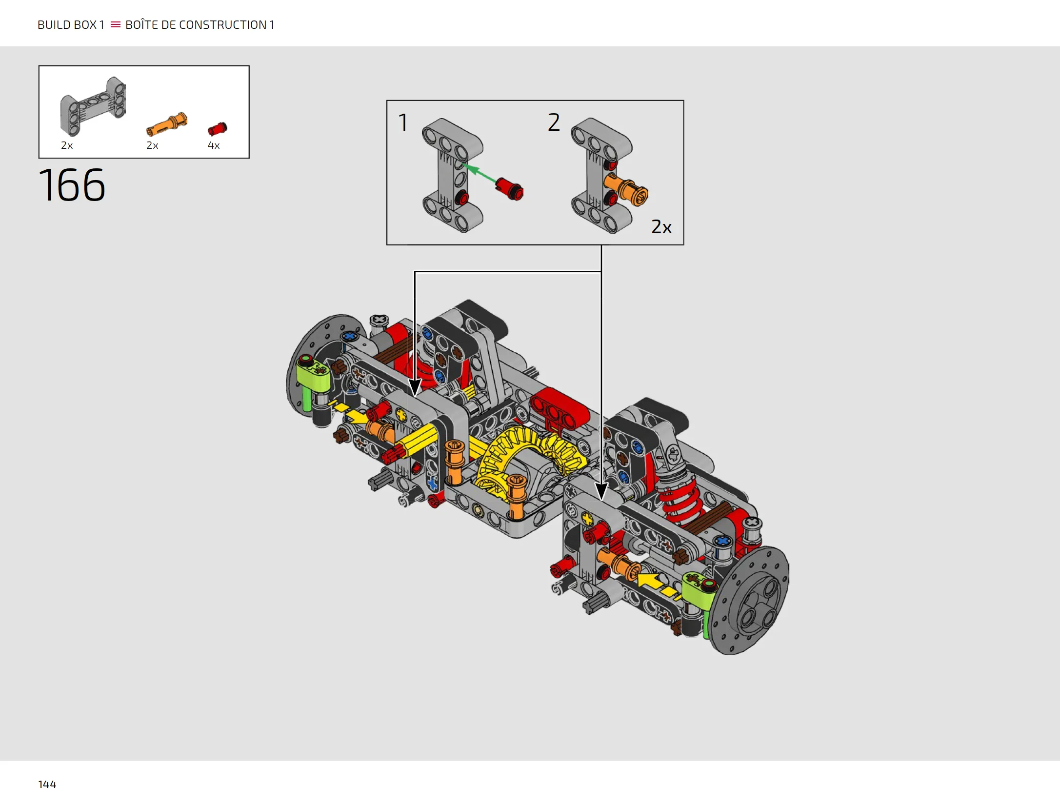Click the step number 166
[x=72, y=185]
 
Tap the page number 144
[x=47, y=784]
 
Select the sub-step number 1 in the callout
[x=403, y=122]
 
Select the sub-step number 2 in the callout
[x=554, y=122]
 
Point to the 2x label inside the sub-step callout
[x=661, y=227]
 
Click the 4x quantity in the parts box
[x=214, y=145]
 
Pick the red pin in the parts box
[x=217, y=129]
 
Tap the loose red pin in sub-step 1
[x=509, y=189]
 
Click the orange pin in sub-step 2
[x=626, y=189]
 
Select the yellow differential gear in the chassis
[x=529, y=456]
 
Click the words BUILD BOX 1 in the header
[x=71, y=25]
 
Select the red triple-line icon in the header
[x=116, y=24]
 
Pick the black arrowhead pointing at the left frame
[x=415, y=387]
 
